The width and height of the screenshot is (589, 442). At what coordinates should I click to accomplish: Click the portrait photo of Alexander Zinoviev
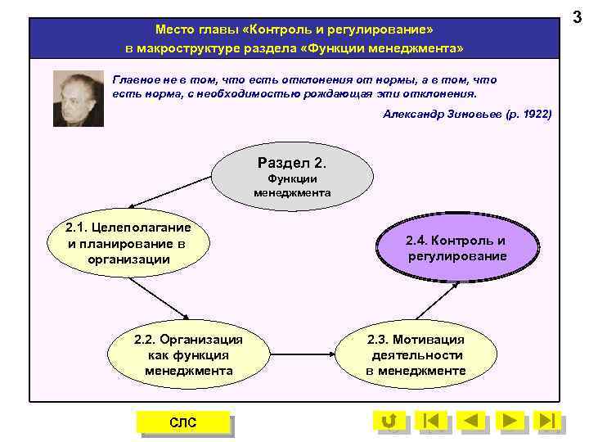[79, 97]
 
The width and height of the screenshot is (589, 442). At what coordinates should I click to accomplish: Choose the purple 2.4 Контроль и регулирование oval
[456, 248]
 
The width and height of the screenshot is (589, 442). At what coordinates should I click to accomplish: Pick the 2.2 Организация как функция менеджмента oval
[189, 354]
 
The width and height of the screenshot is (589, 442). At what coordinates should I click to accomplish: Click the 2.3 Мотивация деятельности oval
[416, 354]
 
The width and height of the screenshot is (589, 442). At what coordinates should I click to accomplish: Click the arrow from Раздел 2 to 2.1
[172, 190]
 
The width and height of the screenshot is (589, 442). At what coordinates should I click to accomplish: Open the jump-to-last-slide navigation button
[548, 421]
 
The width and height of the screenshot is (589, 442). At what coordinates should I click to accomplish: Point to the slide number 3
[577, 16]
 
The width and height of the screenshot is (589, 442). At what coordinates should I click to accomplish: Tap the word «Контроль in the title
[277, 29]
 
